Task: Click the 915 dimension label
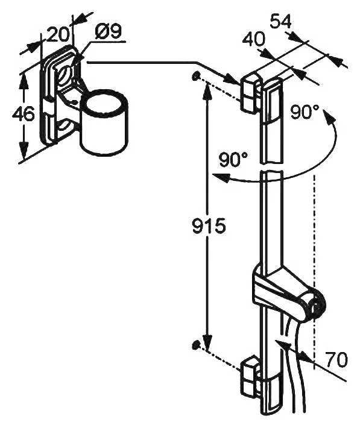(209, 226)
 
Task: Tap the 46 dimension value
(24, 113)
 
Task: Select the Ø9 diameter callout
(108, 33)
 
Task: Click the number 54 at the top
(281, 21)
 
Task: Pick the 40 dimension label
(254, 39)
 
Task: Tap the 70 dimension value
(337, 359)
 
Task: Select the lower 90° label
(233, 160)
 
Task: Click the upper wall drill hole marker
(195, 76)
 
